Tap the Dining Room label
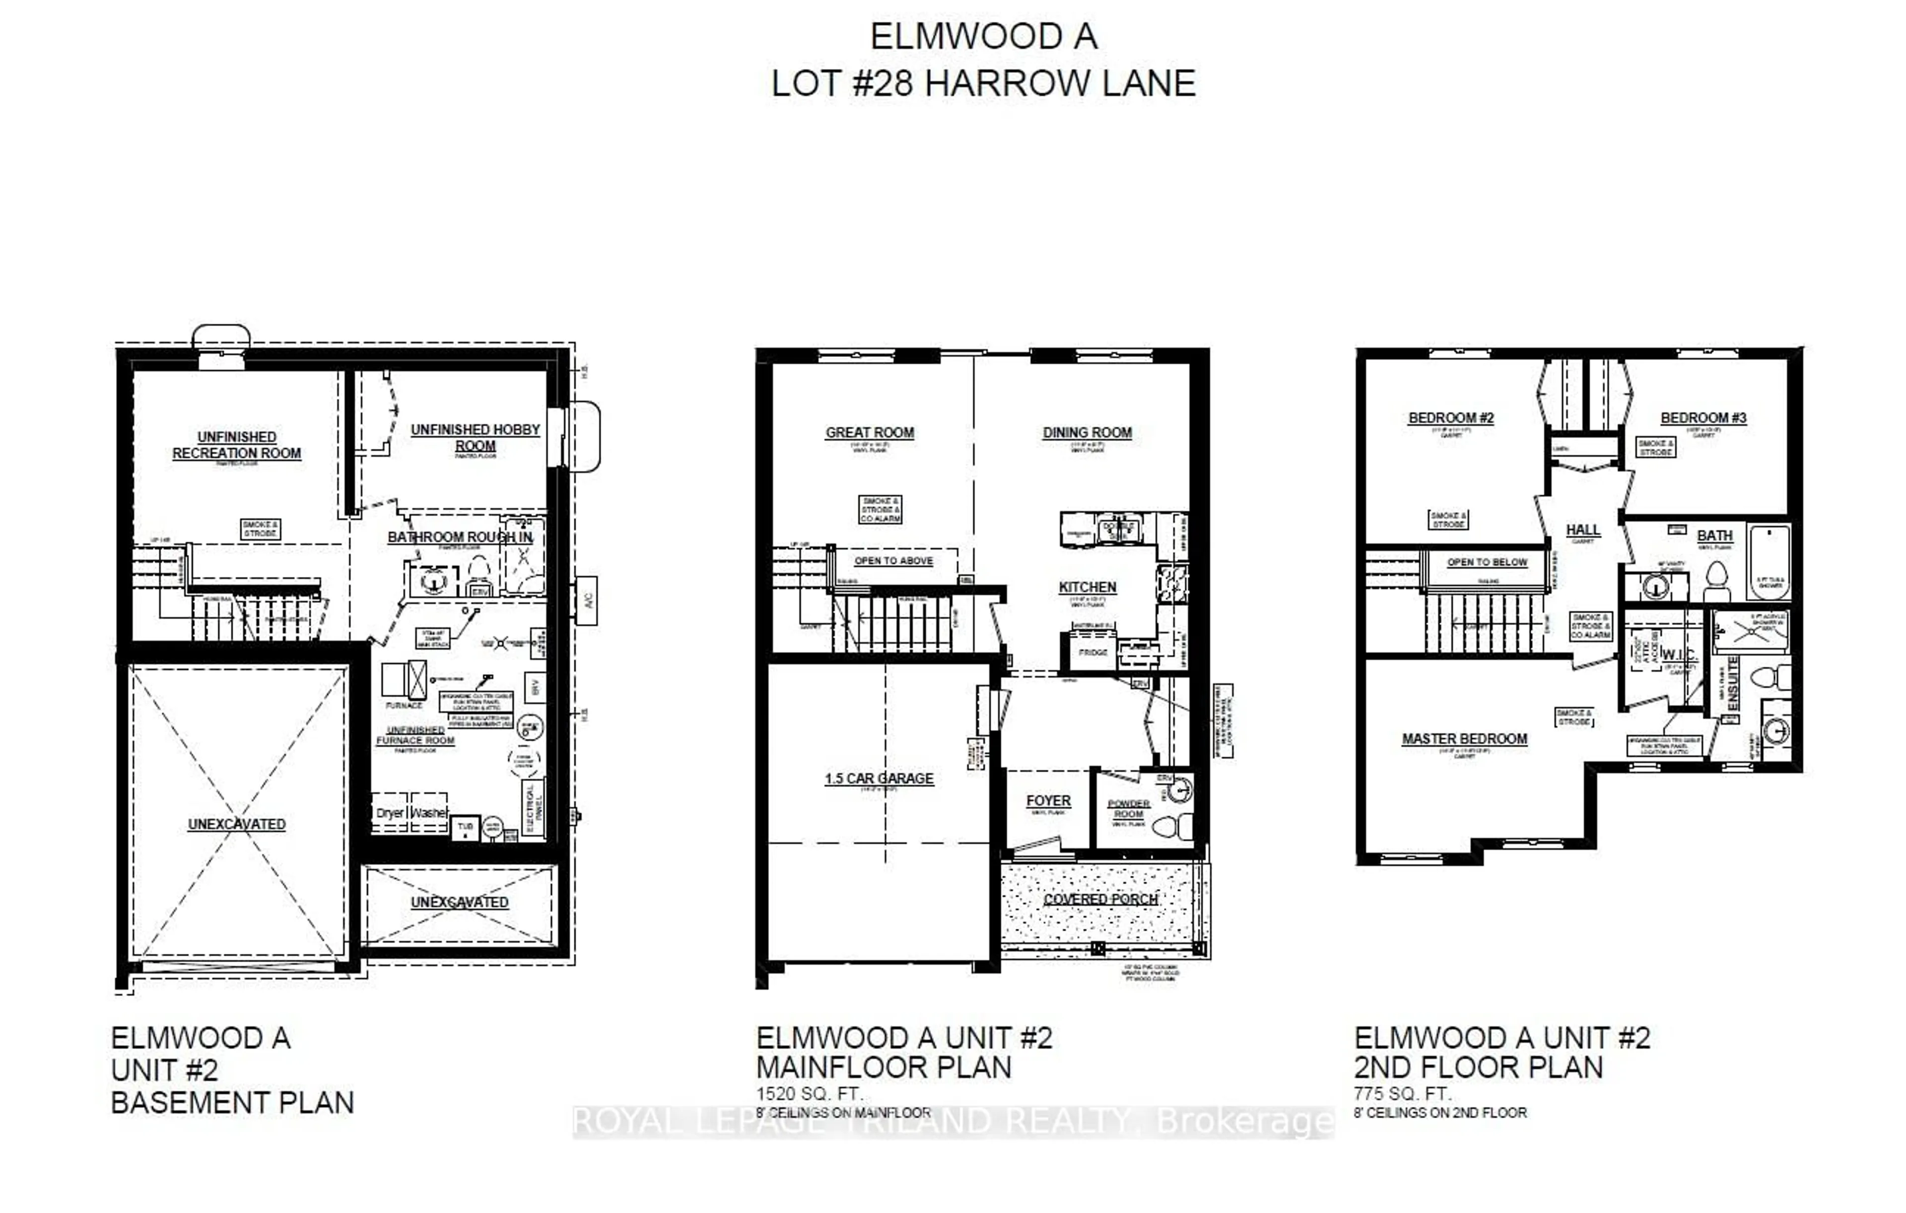click(1087, 432)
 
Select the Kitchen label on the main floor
click(1087, 587)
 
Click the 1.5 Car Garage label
click(879, 779)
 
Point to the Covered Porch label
click(1100, 900)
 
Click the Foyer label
click(1048, 800)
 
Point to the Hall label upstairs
click(1582, 530)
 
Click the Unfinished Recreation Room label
click(237, 445)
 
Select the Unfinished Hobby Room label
click(475, 437)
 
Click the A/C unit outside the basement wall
click(587, 601)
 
